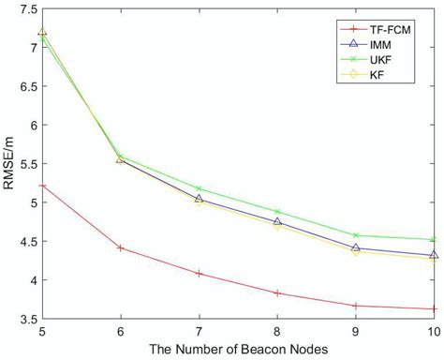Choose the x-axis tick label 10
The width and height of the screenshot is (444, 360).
coord(433,332)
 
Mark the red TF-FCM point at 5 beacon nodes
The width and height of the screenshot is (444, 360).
coord(41,186)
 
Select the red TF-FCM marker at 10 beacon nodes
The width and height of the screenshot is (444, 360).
coord(434,309)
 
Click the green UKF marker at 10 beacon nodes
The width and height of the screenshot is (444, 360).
coord(434,240)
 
